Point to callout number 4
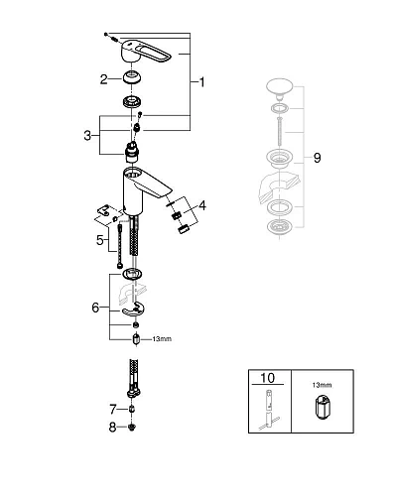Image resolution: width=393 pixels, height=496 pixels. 203,206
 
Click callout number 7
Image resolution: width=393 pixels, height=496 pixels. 112,408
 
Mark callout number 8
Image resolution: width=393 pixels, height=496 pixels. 112,428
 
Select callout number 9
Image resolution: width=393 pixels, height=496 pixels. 316,156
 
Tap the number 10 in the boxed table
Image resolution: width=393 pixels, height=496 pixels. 268,378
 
